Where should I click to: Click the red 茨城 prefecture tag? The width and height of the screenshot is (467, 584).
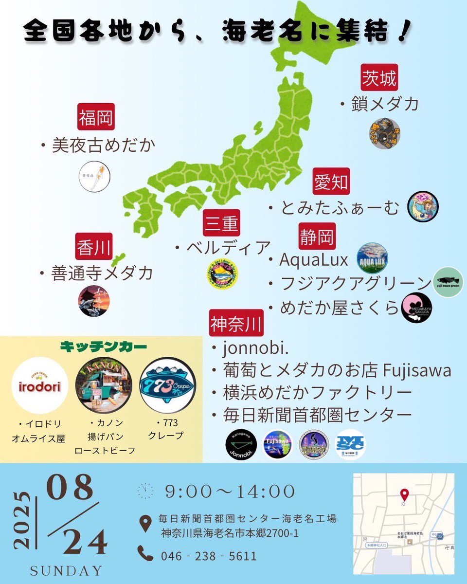tap(379, 78)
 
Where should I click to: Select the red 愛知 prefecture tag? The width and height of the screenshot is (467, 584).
tap(331, 182)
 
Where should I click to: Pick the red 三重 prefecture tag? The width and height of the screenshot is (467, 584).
tap(221, 223)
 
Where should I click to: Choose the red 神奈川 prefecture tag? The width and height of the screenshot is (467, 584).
tap(236, 323)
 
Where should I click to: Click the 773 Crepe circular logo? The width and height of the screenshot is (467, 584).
tap(167, 385)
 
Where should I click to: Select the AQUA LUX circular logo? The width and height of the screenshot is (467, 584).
tap(372, 258)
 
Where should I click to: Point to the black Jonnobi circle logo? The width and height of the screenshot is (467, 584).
tap(241, 444)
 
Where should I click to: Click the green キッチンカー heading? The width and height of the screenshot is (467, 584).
tap(103, 347)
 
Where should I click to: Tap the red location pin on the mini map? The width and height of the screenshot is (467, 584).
tap(403, 495)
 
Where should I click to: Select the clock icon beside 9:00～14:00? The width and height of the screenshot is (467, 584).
tap(145, 491)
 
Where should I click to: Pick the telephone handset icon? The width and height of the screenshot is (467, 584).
tap(145, 554)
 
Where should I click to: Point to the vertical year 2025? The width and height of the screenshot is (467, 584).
tap(22, 520)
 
